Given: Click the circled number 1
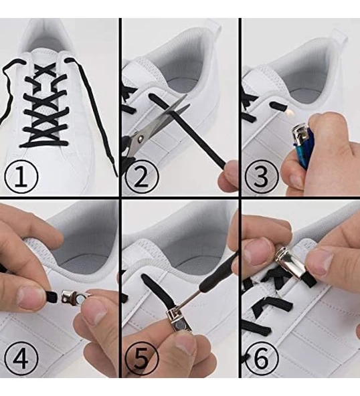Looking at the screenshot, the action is [21, 176].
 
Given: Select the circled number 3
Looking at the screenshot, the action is [262, 176].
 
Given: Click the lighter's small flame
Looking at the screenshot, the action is [288, 112].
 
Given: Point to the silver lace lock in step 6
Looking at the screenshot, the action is [290, 264].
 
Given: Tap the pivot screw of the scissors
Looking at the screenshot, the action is [140, 138].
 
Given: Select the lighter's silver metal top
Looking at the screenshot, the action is [301, 133].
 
